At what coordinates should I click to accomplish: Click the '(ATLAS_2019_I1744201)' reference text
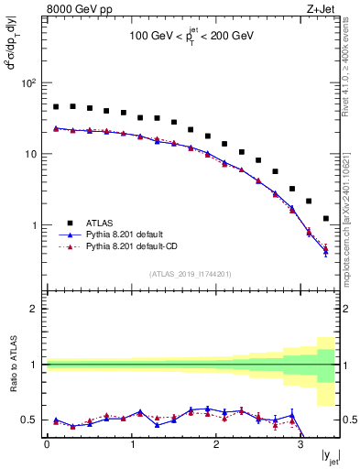pos(191,273)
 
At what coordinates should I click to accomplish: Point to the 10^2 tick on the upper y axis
pos(27,82)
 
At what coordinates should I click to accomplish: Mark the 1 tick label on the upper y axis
pos(33,225)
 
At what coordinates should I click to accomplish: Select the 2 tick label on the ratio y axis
pos(33,309)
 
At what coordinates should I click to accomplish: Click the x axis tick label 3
pos(300,444)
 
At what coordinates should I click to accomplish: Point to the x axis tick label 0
pos(47,444)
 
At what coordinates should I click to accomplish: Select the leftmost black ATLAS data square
pos(56,107)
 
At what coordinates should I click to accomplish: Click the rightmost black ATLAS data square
pos(326,219)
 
